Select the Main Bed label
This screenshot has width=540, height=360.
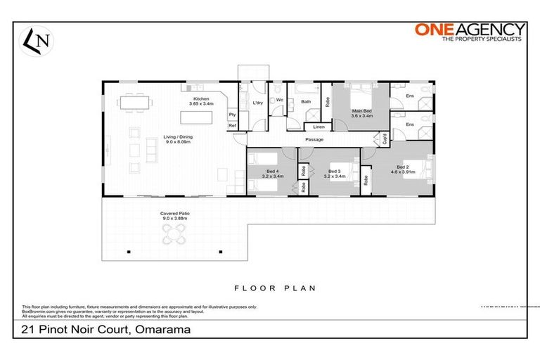pos(362,112)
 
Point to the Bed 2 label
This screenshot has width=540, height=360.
pos(403,168)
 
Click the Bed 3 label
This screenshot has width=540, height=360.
pos(333,172)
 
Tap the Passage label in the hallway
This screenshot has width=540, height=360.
pos(314,140)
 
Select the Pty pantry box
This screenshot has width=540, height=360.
pos(231,115)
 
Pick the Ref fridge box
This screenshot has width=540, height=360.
pos(231,126)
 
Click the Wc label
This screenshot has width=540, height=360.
pos(278,101)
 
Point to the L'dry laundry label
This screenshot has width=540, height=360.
pos(257,104)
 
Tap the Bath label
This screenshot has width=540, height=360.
pos(306,102)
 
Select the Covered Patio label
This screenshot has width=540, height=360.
pos(173,215)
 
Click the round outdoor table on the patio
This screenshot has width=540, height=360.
pos(174,238)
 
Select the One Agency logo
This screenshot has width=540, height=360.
pos(469,32)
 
